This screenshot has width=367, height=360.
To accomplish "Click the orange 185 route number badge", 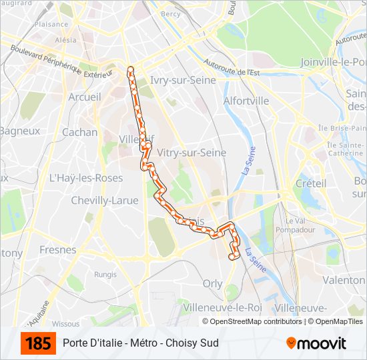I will point(38,343).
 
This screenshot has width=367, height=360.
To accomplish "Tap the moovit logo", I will point(316,343).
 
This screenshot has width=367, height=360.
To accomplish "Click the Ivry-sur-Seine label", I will point(183,80).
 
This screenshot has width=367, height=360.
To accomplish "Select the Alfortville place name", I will point(246,101).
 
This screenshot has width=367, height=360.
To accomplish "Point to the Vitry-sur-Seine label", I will point(191,153).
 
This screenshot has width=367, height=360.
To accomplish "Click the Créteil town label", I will point(311,183).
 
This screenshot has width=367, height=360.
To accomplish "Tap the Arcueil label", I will point(85,97).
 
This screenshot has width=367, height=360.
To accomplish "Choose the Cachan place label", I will point(79,132).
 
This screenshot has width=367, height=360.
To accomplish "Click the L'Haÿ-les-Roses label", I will point(86,178).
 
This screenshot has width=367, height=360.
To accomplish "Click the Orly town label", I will point(212,283).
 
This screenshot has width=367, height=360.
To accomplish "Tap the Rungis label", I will point(105,273).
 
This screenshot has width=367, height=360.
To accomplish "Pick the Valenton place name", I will point(344,281).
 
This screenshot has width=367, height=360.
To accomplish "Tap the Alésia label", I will point(65,40).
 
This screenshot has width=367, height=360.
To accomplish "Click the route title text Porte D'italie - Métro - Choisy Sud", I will point(141,343).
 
